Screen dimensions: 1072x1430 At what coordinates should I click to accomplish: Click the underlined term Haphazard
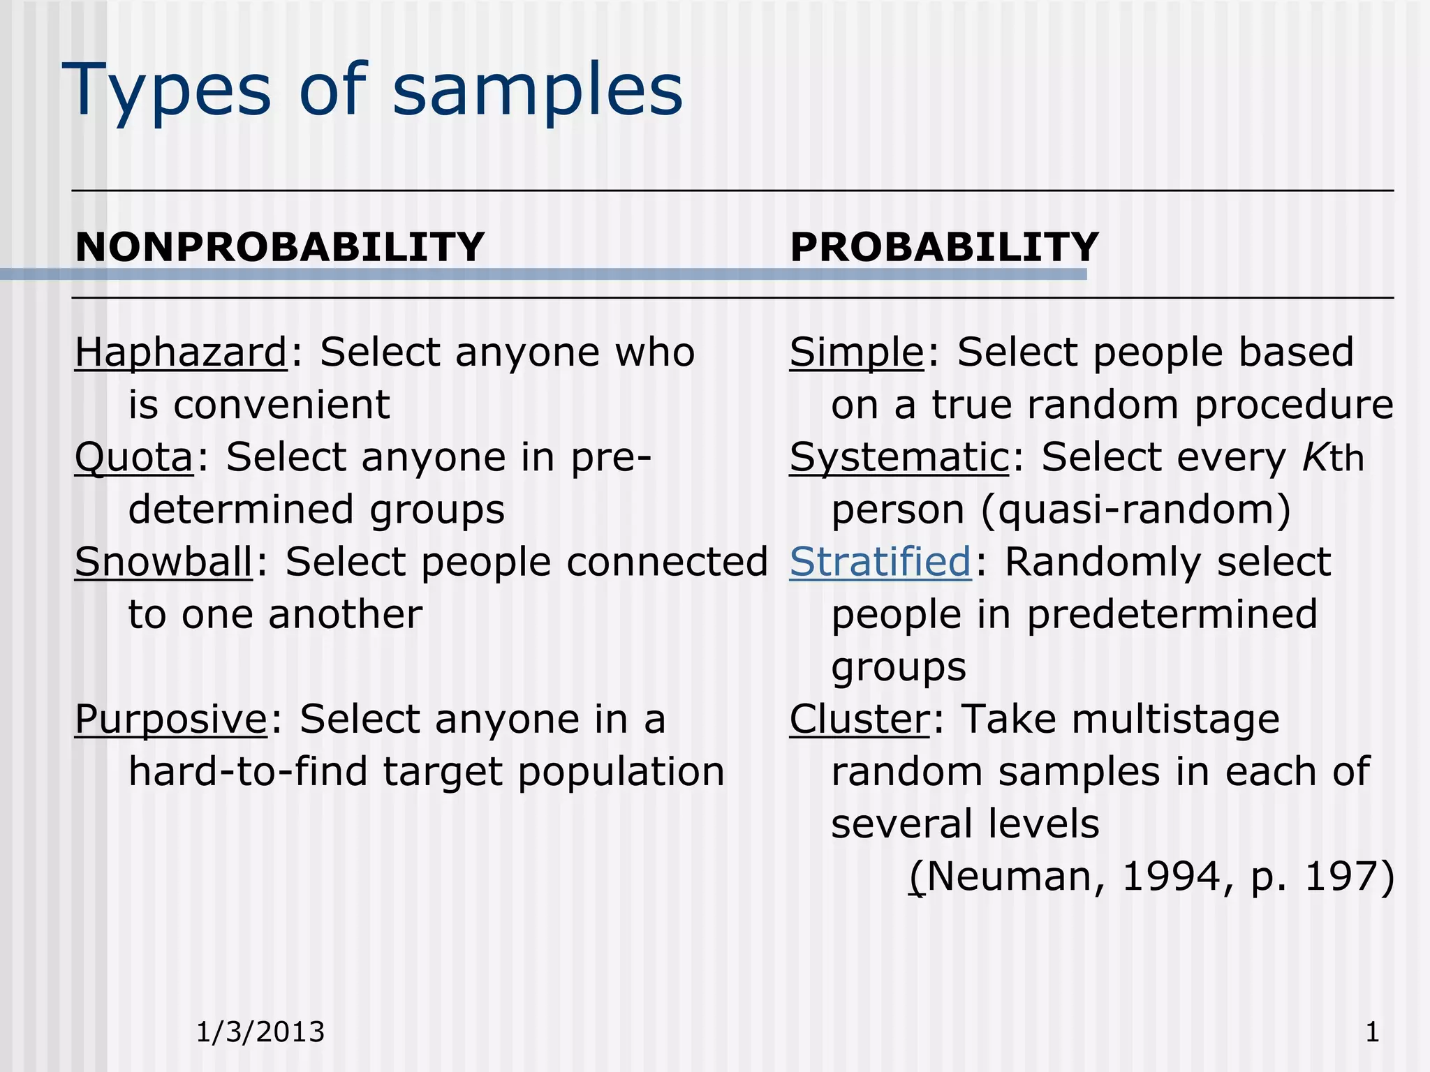(181, 352)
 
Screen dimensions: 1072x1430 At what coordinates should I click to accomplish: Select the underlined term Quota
(134, 458)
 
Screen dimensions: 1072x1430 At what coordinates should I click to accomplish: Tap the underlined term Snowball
(163, 563)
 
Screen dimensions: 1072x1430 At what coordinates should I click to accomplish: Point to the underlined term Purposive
(171, 720)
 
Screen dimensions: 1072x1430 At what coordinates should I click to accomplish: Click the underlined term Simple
(857, 352)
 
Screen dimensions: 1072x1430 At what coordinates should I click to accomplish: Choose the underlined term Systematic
(899, 458)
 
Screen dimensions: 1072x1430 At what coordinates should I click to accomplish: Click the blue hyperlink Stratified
(880, 563)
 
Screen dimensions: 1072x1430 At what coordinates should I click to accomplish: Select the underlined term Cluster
(860, 720)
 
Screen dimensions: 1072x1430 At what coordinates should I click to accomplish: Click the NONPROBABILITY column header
(279, 247)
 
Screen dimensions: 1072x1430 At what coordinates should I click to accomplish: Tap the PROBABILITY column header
(944, 247)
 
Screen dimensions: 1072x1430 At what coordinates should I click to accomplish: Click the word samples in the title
(538, 91)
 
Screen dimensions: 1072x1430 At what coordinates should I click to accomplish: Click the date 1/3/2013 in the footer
(260, 1032)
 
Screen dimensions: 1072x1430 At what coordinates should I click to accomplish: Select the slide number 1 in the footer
(1372, 1032)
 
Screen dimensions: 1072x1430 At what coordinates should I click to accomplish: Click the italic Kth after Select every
(1333, 459)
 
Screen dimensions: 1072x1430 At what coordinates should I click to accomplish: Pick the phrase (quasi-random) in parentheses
(1136, 510)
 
